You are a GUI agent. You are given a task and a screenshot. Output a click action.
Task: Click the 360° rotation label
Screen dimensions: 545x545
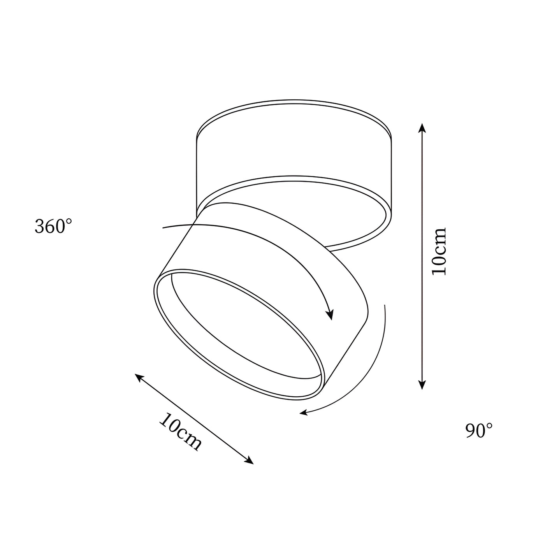tap(53, 226)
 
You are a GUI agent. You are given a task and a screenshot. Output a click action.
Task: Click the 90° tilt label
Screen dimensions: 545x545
tap(479, 431)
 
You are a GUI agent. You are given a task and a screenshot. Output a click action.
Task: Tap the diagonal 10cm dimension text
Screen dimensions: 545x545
tap(180, 431)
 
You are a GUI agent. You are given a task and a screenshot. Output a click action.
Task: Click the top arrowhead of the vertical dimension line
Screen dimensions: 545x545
tap(422, 127)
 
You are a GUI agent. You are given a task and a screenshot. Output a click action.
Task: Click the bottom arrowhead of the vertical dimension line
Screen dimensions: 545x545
tap(422, 385)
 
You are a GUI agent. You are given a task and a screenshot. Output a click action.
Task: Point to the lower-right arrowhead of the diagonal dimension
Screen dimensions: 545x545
tap(250, 462)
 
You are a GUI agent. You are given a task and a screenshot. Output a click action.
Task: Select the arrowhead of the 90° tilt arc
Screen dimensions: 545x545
tap(303, 413)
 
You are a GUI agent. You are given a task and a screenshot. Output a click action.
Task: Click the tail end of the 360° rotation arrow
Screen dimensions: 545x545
tap(163, 227)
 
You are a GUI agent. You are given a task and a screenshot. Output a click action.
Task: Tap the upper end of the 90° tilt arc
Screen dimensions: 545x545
tap(385, 306)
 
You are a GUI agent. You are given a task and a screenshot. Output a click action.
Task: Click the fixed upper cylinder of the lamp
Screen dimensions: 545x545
tap(294, 148)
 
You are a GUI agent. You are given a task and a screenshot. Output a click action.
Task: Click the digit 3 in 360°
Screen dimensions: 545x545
tap(39, 227)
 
